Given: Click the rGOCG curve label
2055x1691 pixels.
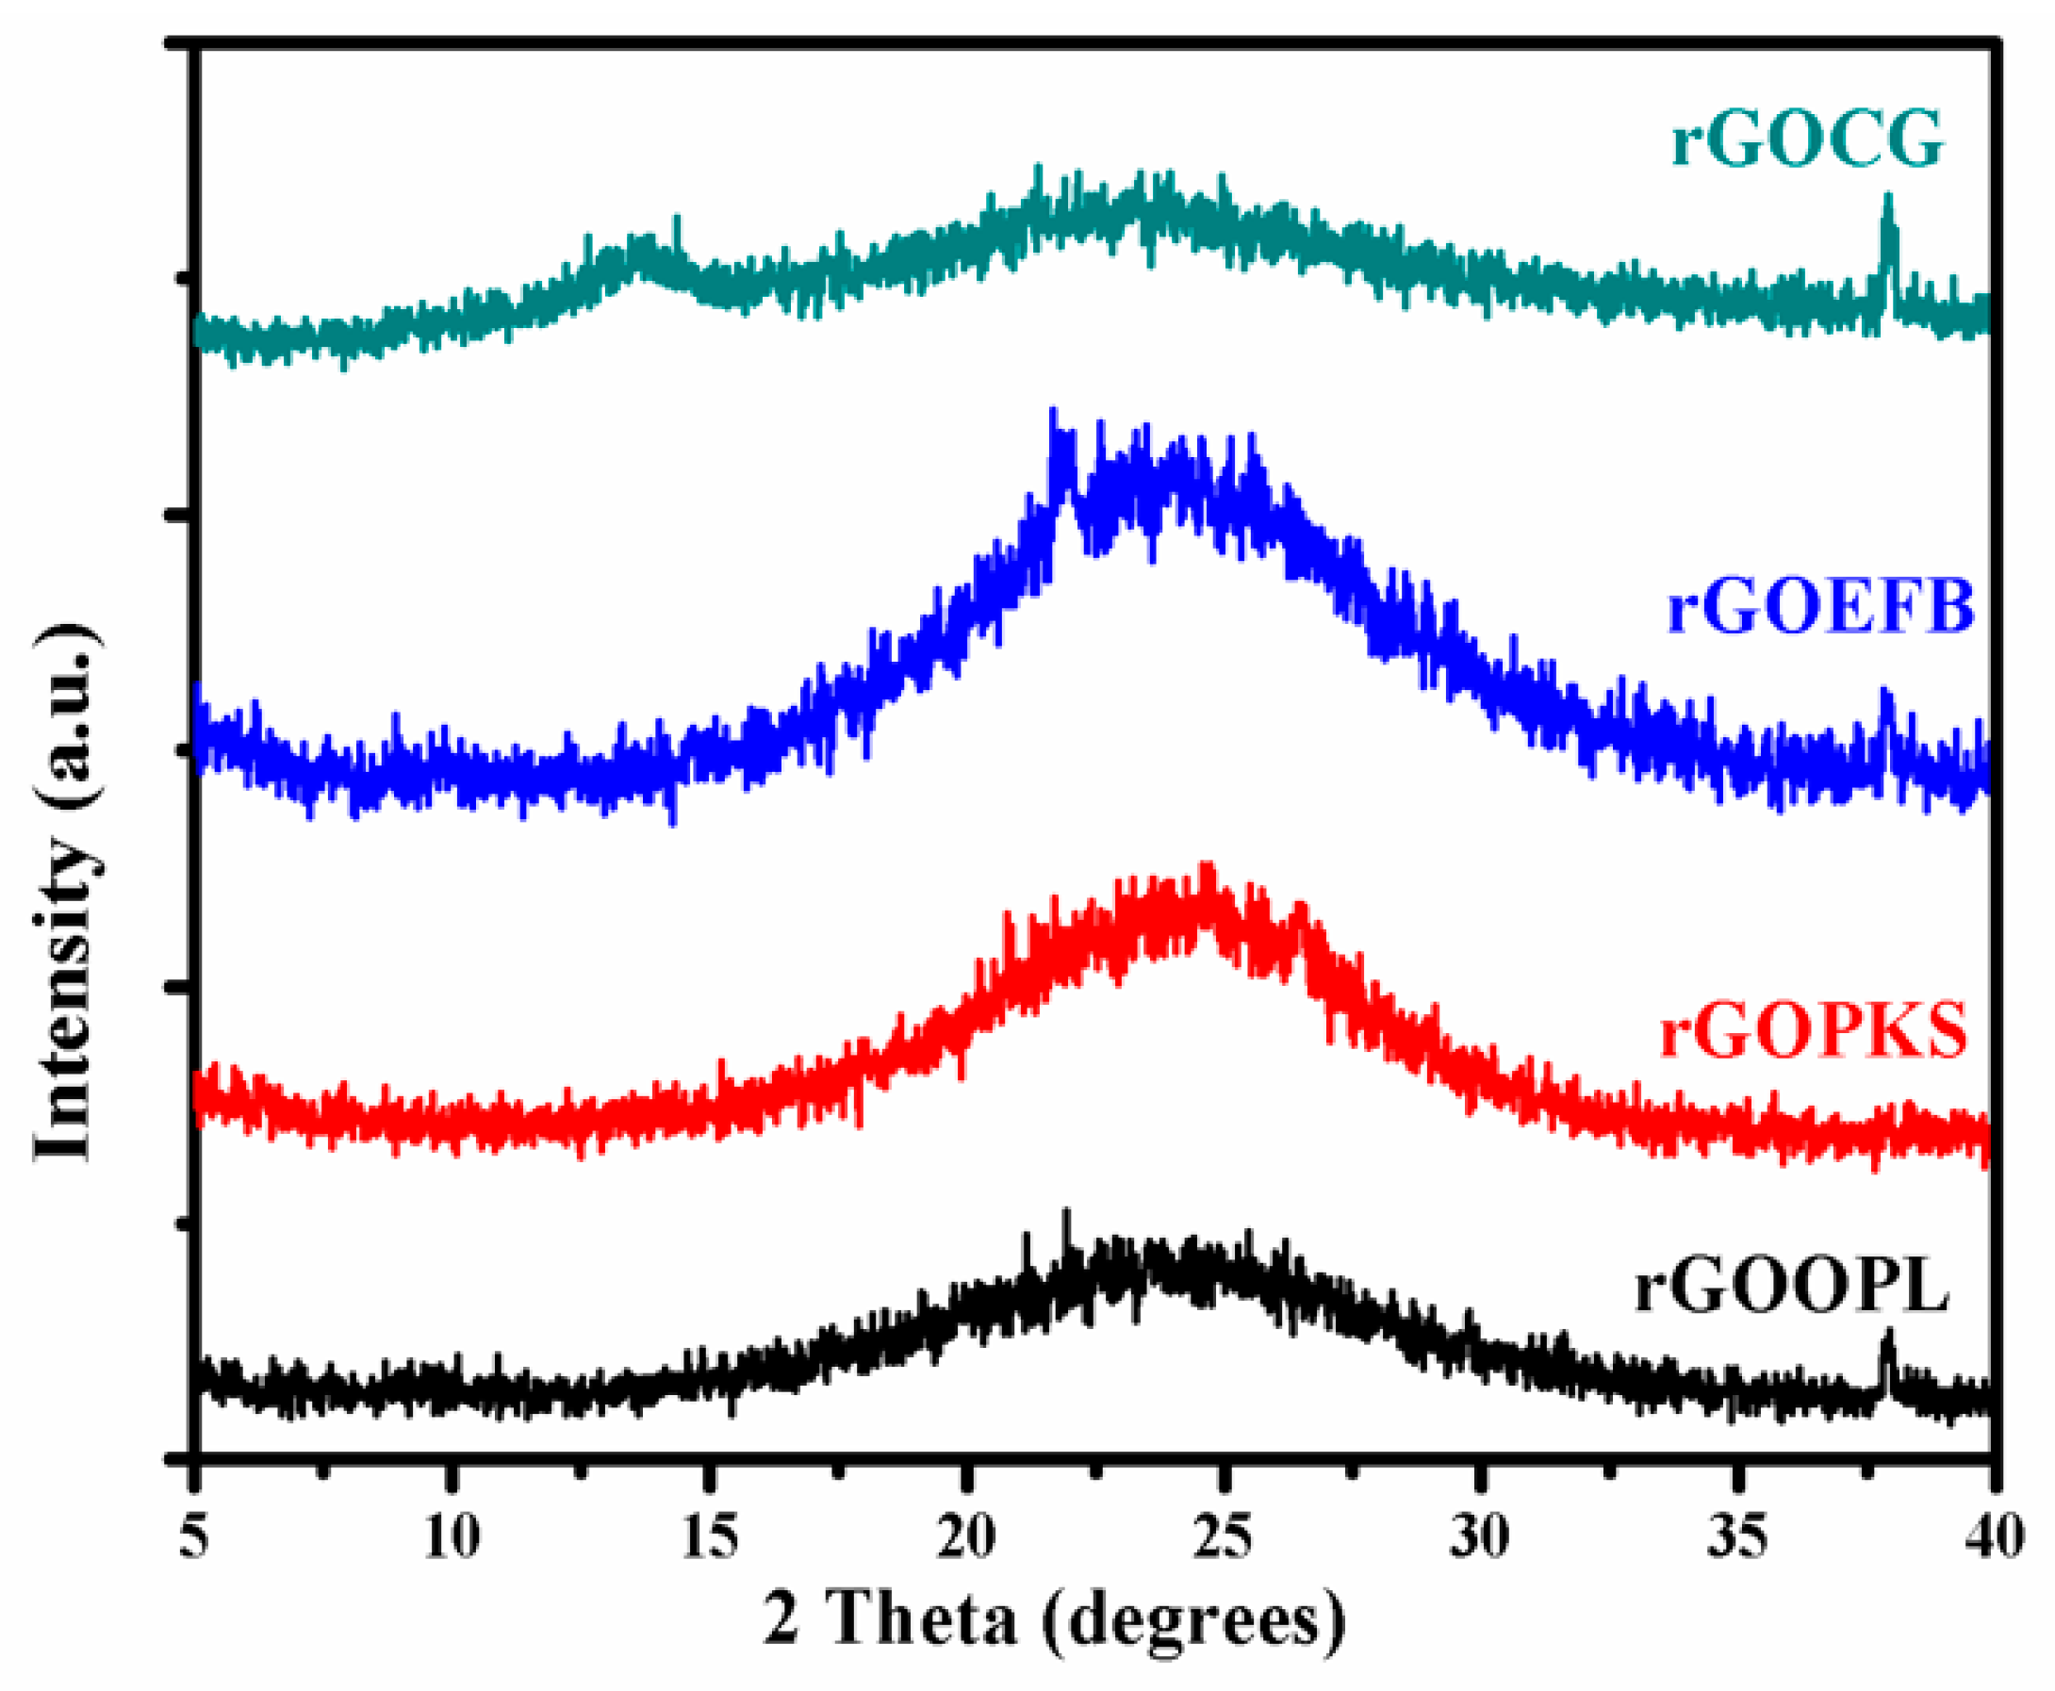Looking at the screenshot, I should click(1808, 140).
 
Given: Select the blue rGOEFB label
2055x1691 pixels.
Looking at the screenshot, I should click(1820, 606).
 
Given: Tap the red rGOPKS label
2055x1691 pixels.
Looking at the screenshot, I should click(1813, 1031).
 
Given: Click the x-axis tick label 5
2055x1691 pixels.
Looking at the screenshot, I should click(197, 1537).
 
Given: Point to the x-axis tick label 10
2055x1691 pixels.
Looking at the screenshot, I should click(452, 1537).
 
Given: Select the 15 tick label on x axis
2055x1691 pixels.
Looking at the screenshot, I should click(709, 1537).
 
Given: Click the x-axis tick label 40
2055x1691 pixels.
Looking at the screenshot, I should click(1995, 1537).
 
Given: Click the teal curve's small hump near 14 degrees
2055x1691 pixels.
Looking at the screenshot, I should click(644, 250).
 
